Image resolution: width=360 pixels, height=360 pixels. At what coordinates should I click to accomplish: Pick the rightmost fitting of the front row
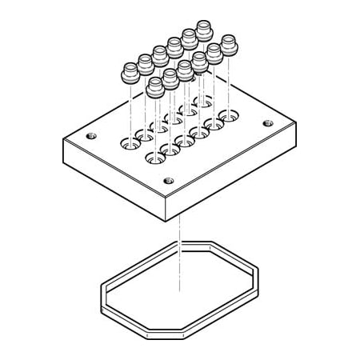(230, 42)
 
